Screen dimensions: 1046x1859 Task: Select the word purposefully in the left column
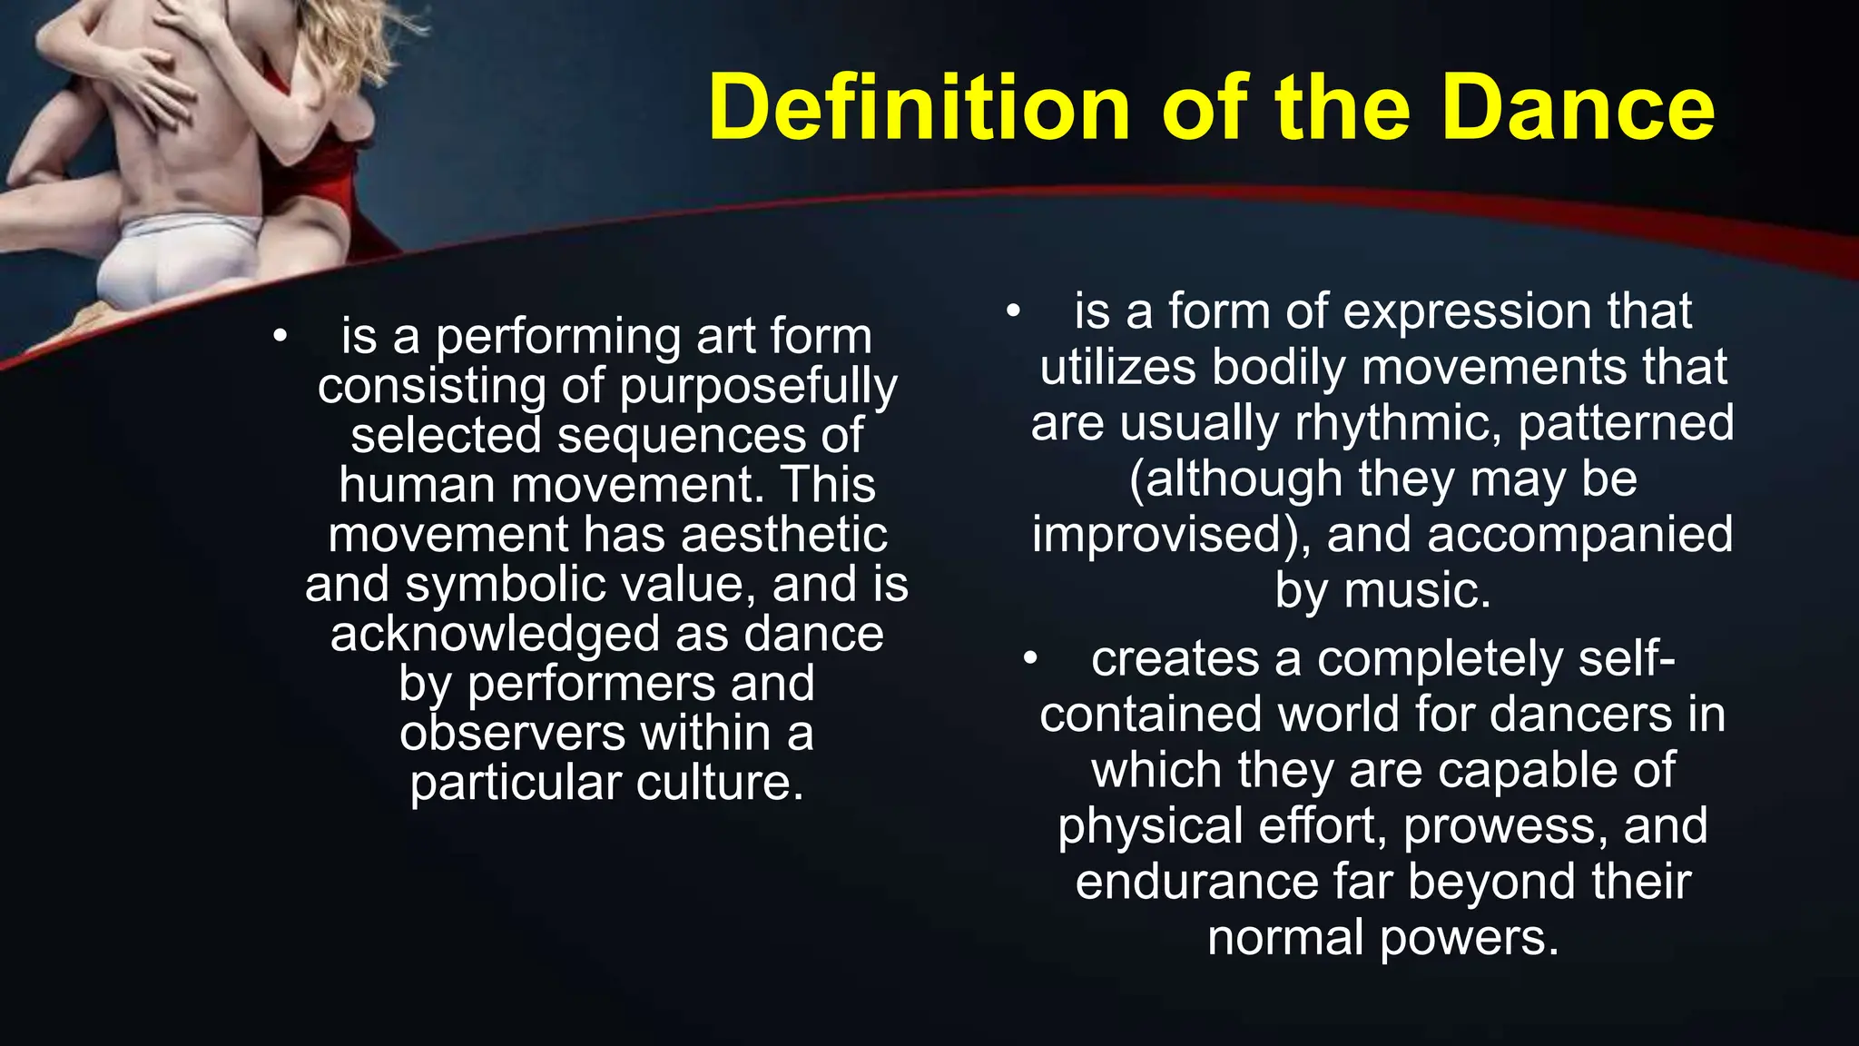tap(759, 386)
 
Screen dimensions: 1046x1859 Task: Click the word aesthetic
tap(783, 534)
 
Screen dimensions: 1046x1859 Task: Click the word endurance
tap(1195, 882)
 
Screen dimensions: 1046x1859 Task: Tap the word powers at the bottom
tap(1468, 937)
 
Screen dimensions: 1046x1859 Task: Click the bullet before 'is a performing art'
tap(280, 337)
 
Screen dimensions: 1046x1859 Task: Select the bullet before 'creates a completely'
tap(1029, 658)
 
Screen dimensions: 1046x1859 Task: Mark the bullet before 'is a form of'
tap(1013, 311)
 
